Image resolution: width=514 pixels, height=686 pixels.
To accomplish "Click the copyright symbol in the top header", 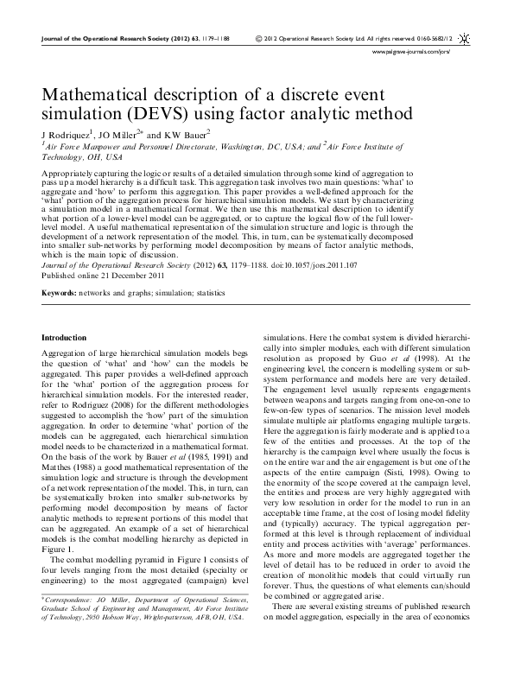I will [260, 39].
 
